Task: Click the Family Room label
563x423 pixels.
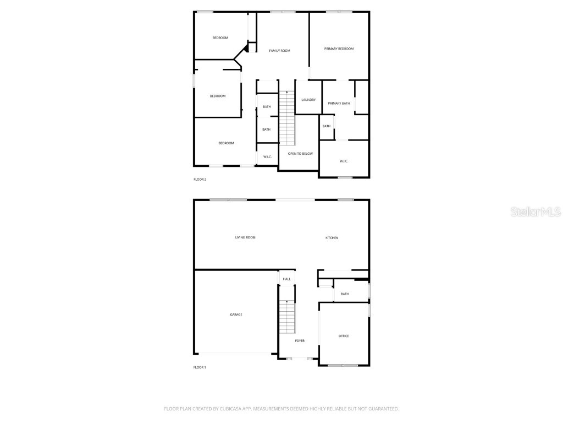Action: click(x=279, y=51)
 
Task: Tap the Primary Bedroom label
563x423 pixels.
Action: click(x=339, y=49)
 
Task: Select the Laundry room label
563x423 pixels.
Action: click(x=308, y=100)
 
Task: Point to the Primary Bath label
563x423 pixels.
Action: click(x=339, y=104)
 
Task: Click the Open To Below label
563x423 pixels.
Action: click(x=300, y=154)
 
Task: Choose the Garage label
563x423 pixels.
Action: click(x=236, y=314)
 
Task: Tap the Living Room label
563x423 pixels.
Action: click(x=245, y=237)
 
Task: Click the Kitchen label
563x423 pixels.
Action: click(x=332, y=238)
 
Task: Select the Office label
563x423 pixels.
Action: click(x=344, y=336)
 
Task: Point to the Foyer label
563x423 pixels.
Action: click(x=300, y=341)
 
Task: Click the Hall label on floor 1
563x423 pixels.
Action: click(x=286, y=279)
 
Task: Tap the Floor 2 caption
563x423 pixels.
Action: click(x=200, y=180)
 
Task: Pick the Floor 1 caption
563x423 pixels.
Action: click(x=200, y=367)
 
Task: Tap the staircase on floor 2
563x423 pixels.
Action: click(x=287, y=118)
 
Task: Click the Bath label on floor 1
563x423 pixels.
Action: click(x=345, y=294)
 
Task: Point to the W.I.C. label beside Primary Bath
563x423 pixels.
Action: click(x=344, y=161)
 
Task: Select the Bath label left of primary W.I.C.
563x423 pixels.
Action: click(x=327, y=126)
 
